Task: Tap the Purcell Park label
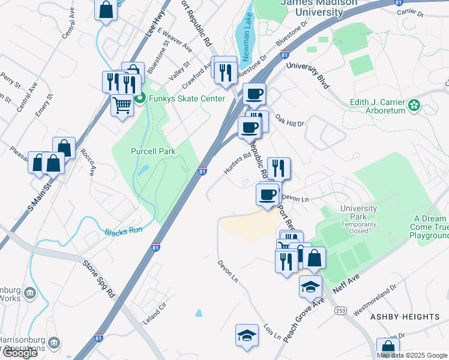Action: (x=153, y=152)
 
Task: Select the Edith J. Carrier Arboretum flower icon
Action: (x=414, y=106)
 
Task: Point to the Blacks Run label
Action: (x=124, y=232)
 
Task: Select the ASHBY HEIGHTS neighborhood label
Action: (x=405, y=317)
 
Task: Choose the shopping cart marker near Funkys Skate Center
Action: (x=122, y=106)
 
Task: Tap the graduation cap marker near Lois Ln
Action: (x=247, y=335)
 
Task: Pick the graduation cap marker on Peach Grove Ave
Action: (x=310, y=287)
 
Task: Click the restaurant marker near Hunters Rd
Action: (x=279, y=168)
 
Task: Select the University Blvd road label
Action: (x=308, y=74)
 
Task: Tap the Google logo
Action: (x=20, y=353)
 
